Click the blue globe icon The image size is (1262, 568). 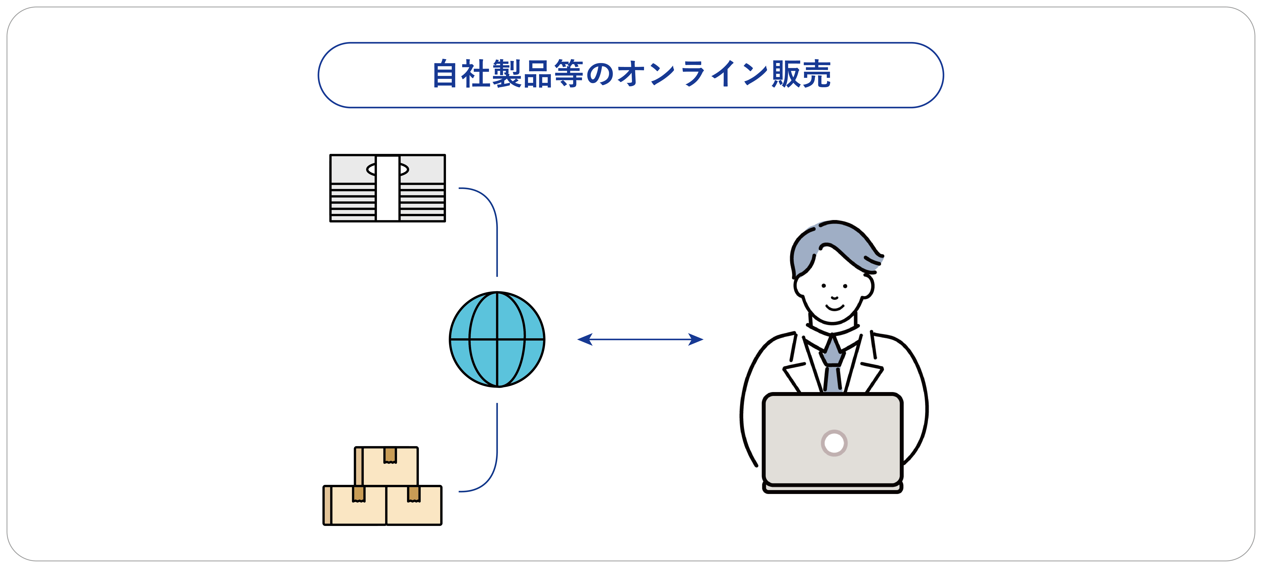point(497,339)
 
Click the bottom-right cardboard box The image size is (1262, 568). point(414,509)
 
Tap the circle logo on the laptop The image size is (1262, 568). point(834,443)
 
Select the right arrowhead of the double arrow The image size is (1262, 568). point(696,339)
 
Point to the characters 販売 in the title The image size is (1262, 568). point(801,74)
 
